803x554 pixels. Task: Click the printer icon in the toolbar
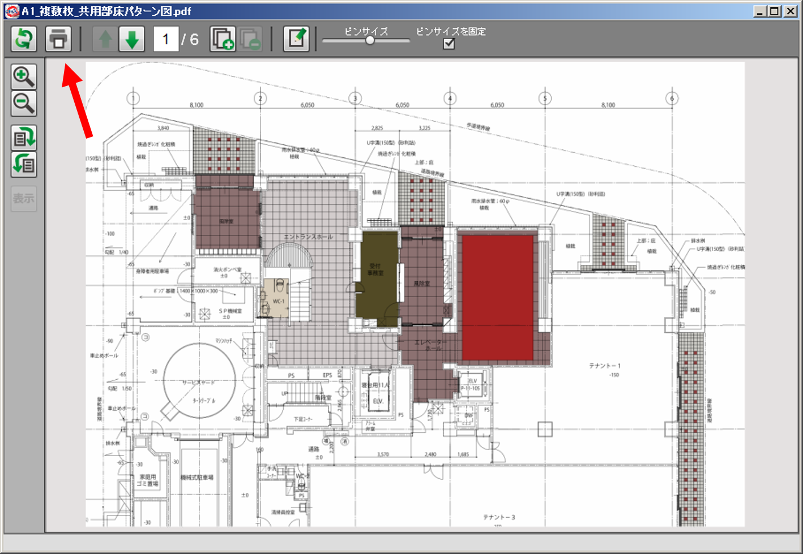click(x=58, y=39)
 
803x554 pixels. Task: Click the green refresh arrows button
click(x=24, y=39)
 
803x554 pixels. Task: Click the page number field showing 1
click(x=166, y=39)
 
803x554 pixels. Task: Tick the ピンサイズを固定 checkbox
click(x=449, y=44)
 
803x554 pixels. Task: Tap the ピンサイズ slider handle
click(x=370, y=40)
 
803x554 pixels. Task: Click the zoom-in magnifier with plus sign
click(x=24, y=76)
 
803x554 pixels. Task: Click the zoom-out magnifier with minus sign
click(x=24, y=104)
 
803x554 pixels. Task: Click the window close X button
click(x=791, y=11)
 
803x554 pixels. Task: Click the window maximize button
click(x=775, y=11)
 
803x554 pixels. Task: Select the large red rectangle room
click(x=498, y=298)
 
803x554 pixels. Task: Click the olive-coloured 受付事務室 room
click(x=376, y=277)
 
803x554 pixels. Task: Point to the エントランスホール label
click(x=308, y=237)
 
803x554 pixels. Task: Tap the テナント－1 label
click(x=604, y=366)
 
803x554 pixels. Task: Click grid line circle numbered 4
click(x=450, y=98)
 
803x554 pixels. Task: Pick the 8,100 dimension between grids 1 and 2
click(x=197, y=105)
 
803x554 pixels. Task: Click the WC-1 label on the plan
click(x=279, y=301)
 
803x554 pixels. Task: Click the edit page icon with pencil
click(x=296, y=39)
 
